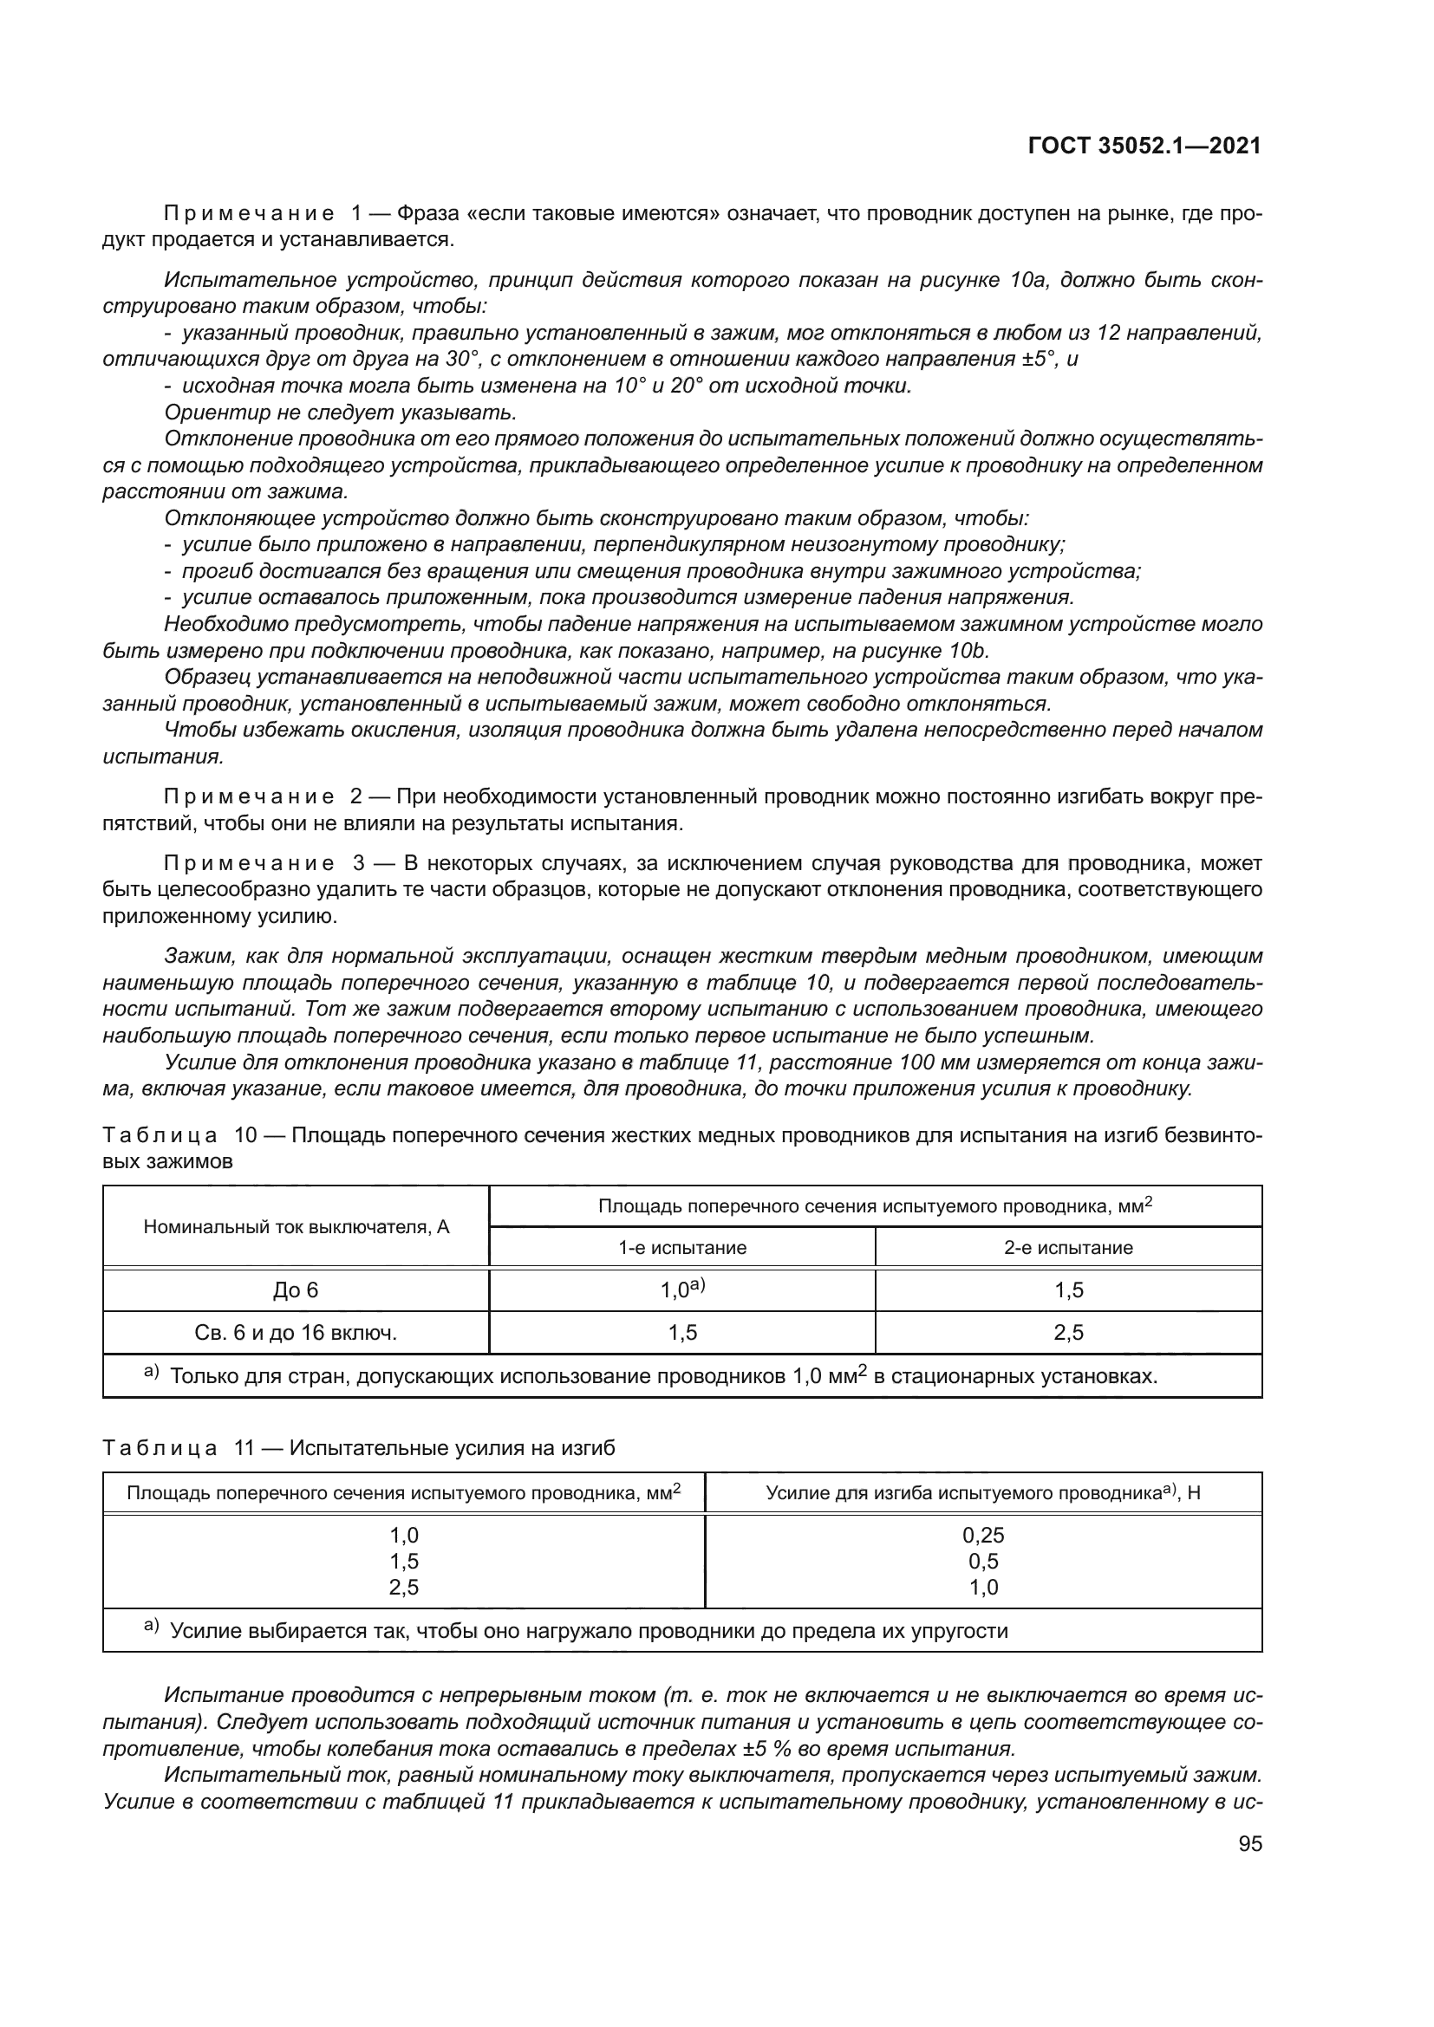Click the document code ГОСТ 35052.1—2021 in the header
(1144, 146)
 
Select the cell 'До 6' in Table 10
(295, 1290)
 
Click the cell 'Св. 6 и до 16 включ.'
(295, 1332)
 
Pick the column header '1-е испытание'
(681, 1247)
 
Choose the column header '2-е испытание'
(1068, 1247)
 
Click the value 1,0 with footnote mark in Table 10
(681, 1290)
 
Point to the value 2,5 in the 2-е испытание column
(1068, 1332)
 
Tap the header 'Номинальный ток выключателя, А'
(295, 1226)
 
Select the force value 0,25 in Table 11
(983, 1535)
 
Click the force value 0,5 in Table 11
(983, 1561)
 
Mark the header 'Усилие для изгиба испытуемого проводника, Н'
(983, 1493)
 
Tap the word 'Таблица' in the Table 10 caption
(160, 1134)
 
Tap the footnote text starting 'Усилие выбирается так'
(588, 1631)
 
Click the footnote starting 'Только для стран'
(662, 1375)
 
